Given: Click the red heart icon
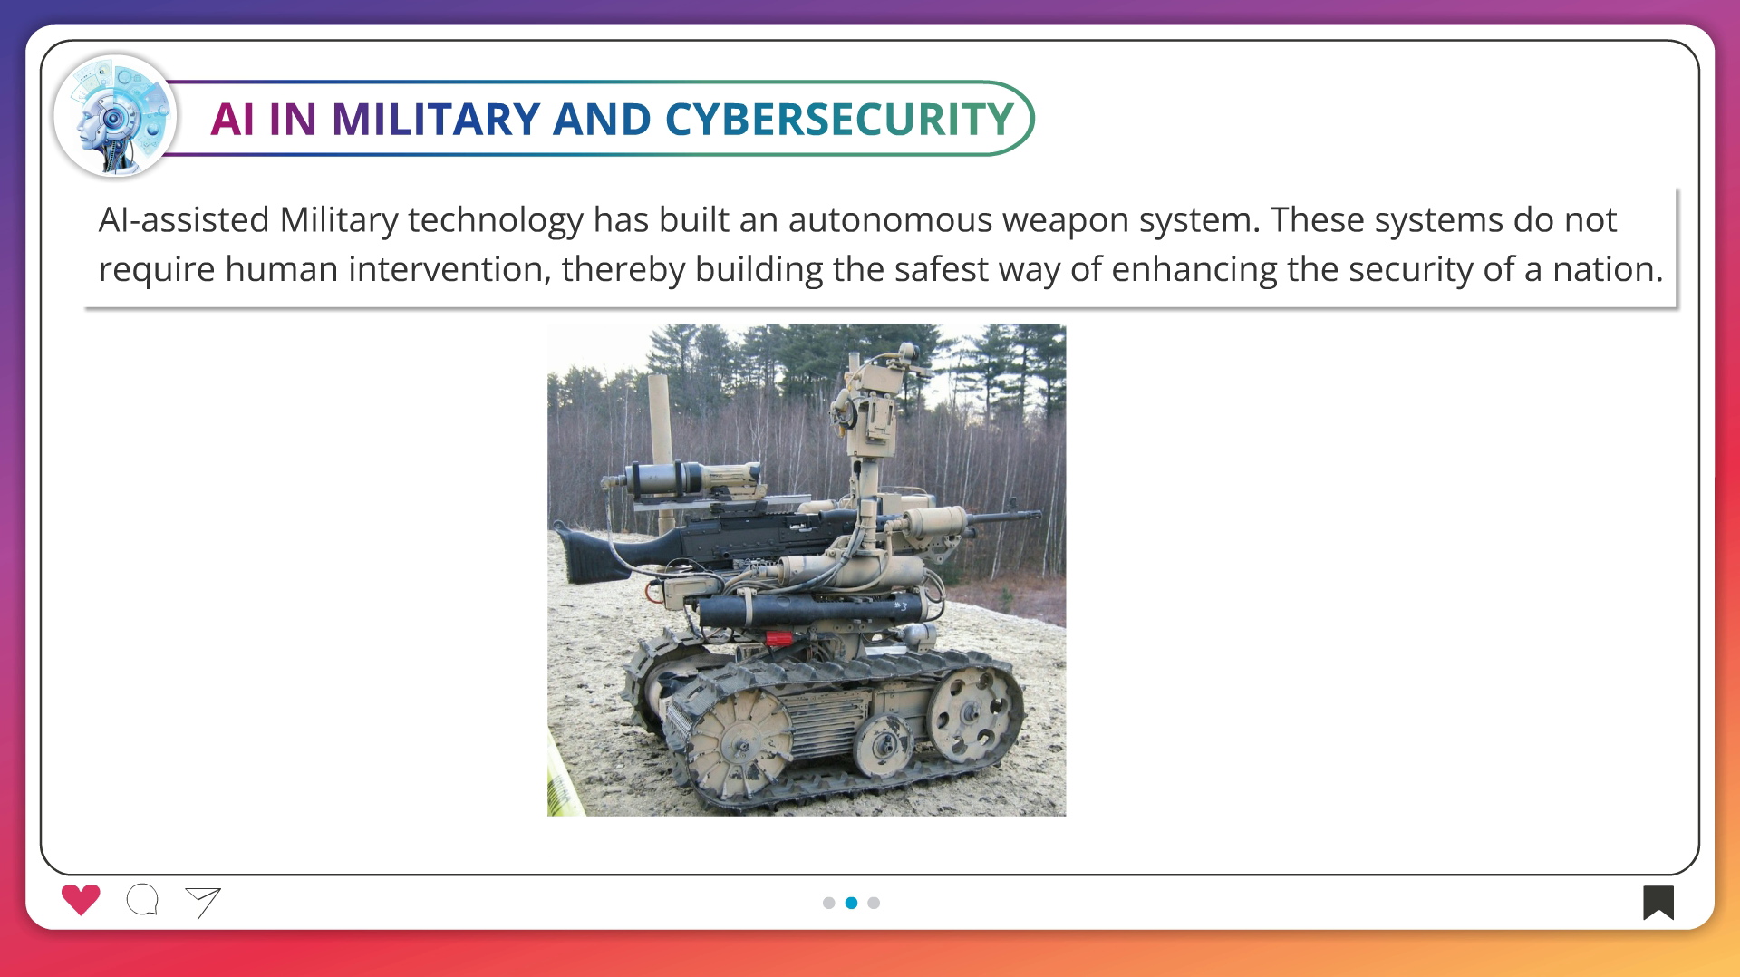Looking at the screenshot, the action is pyautogui.click(x=81, y=900).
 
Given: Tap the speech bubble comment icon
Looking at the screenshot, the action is pyautogui.click(x=143, y=900).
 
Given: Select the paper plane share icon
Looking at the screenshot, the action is pyautogui.click(x=203, y=902).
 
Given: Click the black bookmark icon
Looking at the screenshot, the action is pyautogui.click(x=1658, y=903).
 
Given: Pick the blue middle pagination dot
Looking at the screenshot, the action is pyautogui.click(x=851, y=903).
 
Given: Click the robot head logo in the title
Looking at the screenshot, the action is pyautogui.click(x=115, y=116).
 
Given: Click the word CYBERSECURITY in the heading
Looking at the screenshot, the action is pyautogui.click(x=839, y=119).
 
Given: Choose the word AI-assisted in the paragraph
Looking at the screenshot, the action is pyautogui.click(x=184, y=220).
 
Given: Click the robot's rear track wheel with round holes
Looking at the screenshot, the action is pyautogui.click(x=972, y=713).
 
